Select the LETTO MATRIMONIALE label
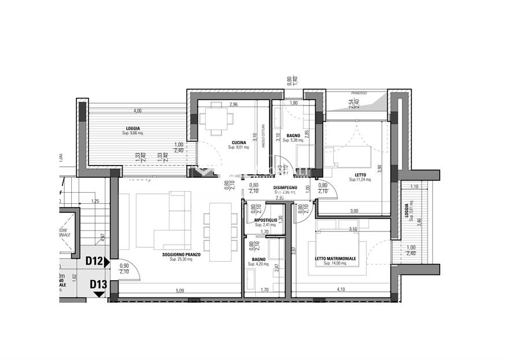pos(335,258)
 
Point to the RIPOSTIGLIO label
pos(266,220)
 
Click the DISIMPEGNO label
pos(285,187)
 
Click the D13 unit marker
pos(98,284)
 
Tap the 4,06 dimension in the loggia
pos(137,111)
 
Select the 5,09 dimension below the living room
pos(179,291)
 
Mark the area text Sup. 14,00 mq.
pos(335,263)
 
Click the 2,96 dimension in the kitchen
pos(234,105)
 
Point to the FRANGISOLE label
pos(362,93)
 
